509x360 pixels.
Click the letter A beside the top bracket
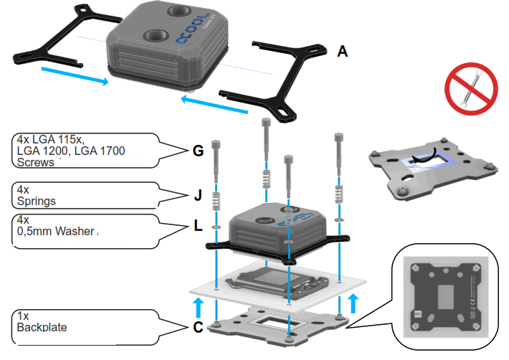[342, 52]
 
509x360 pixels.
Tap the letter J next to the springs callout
[199, 194]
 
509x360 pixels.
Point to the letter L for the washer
[199, 226]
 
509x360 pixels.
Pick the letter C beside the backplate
[198, 329]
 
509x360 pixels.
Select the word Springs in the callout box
[34, 202]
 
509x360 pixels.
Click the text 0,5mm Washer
[54, 231]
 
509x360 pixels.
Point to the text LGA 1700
[100, 151]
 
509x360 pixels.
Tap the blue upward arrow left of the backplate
[198, 308]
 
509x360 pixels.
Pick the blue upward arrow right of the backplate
[352, 302]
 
